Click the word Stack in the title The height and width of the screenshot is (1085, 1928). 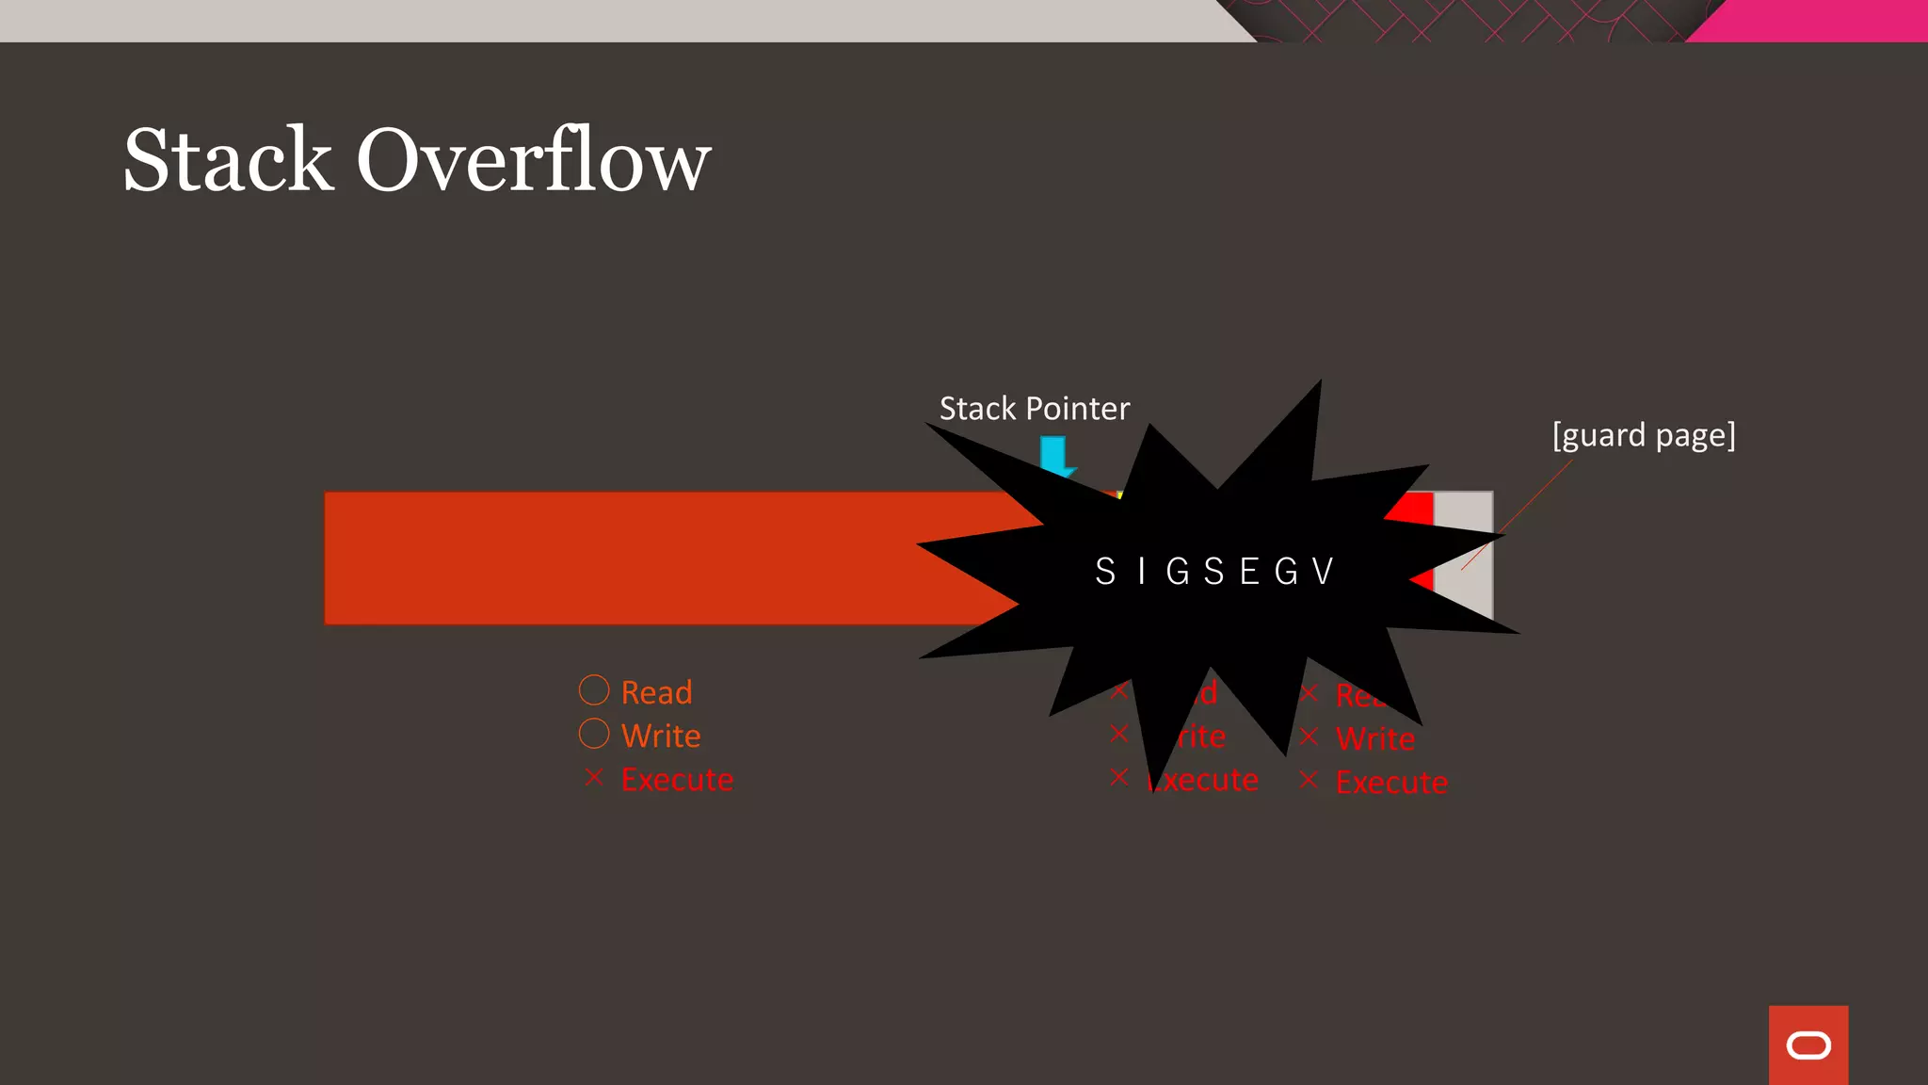click(x=229, y=160)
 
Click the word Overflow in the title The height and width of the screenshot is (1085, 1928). click(x=533, y=160)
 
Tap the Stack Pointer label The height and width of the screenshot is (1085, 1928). click(x=1034, y=409)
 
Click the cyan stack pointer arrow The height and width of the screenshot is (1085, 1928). click(x=1053, y=454)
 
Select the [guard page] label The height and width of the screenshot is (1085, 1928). click(x=1643, y=435)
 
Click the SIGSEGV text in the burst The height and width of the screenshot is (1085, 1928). click(x=1214, y=572)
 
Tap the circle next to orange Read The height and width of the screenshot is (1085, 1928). click(x=594, y=690)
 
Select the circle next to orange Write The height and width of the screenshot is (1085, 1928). click(x=594, y=734)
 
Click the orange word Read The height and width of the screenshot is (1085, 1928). click(x=657, y=692)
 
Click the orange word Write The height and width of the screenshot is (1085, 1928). click(x=661, y=736)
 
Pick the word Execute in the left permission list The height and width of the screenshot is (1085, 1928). click(x=677, y=780)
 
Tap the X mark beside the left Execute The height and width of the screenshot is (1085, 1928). click(x=593, y=777)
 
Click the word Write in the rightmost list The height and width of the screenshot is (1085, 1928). click(x=1375, y=738)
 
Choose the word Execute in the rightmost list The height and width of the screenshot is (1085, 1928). click(x=1391, y=782)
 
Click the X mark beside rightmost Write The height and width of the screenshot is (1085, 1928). click(x=1309, y=737)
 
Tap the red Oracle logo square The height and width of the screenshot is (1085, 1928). click(x=1807, y=1045)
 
